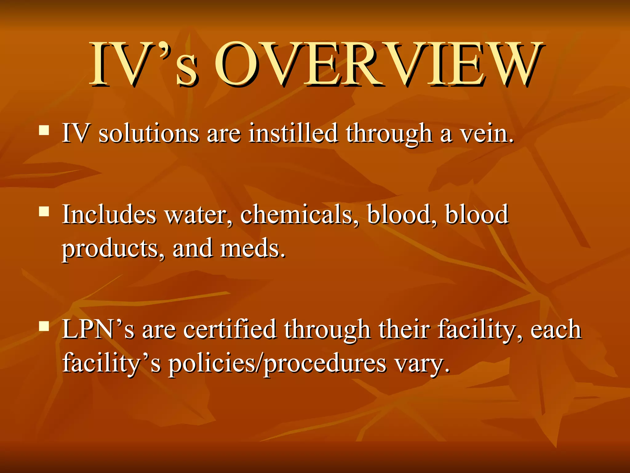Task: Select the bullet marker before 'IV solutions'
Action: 44,130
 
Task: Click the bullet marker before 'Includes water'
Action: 44,212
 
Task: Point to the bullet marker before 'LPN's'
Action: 44,326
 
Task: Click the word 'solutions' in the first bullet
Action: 149,134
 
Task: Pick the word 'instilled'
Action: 293,133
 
